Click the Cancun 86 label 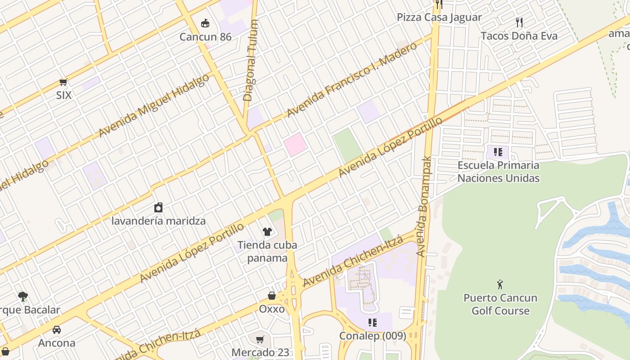205,36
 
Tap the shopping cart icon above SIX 63,82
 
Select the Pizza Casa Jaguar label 439,18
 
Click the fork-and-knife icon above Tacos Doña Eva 519,22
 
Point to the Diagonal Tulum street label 251,60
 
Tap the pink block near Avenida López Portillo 295,144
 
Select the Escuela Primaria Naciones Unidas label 498,171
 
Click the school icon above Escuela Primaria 498,152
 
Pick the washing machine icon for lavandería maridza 158,207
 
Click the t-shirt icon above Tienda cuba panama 267,232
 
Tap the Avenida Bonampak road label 423,207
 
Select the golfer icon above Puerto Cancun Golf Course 500,284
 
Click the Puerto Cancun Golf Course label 500,304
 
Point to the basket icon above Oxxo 272,296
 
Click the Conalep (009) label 373,336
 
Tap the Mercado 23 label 260,352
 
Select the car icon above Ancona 57,330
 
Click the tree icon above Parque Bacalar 23,296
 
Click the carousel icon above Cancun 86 205,23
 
